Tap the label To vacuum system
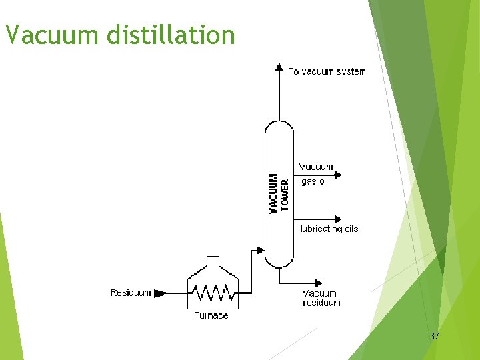[327, 71]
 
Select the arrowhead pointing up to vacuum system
[279, 67]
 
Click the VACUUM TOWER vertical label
[279, 194]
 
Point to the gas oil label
[315, 181]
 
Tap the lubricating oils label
[329, 229]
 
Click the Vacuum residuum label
[321, 298]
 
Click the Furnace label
[211, 315]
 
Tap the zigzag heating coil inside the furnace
[212, 293]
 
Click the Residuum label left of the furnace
[131, 293]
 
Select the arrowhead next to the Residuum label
[159, 293]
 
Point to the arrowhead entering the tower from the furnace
[261, 251]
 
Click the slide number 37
[435, 337]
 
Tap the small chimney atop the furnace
[212, 261]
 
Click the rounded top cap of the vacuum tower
[279, 127]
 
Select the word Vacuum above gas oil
[316, 167]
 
